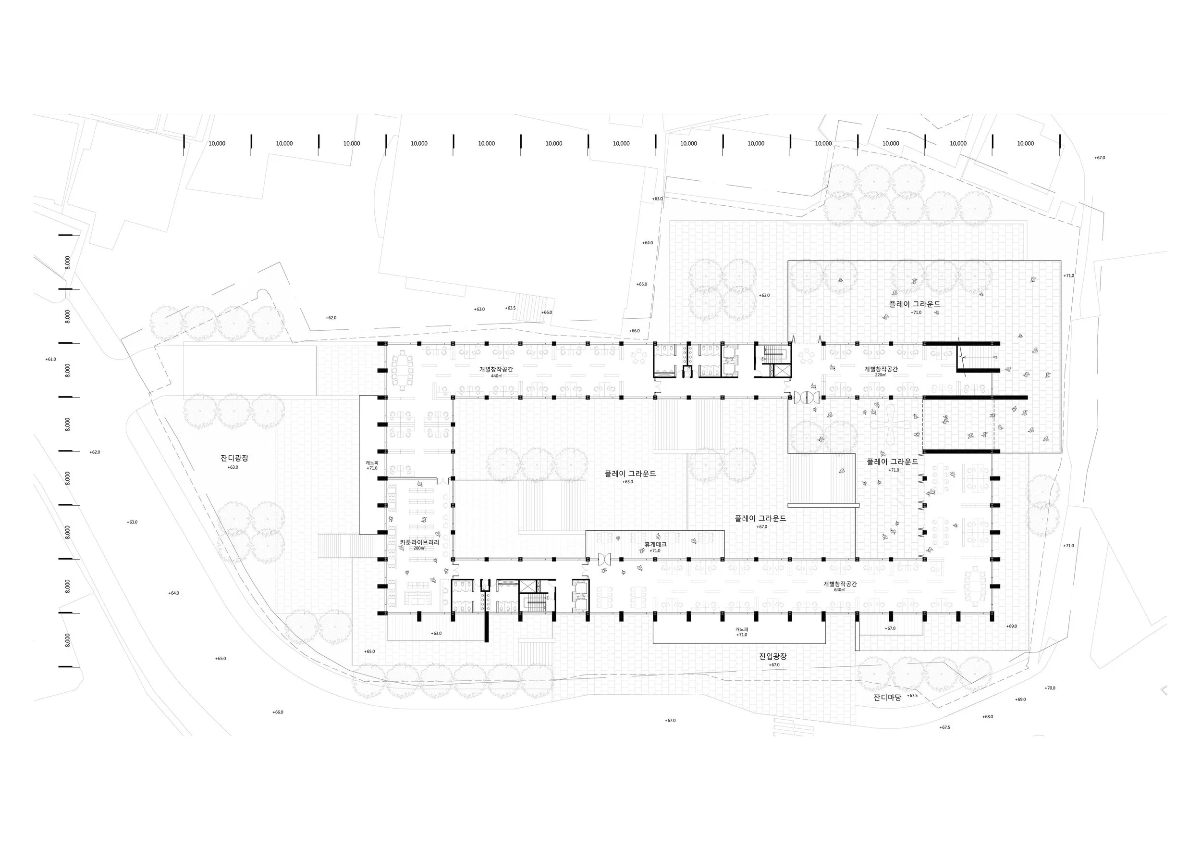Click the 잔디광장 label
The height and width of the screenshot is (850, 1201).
234,458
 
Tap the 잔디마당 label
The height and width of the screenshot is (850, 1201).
888,698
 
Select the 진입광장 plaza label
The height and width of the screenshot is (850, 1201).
773,656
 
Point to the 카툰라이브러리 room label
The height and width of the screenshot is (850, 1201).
419,542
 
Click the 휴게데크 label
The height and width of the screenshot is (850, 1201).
655,544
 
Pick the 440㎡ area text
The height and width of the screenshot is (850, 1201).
496,376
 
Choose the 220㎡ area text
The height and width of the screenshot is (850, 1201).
881,375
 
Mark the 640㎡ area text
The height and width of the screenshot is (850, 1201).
840,590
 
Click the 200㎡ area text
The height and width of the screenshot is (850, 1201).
419,548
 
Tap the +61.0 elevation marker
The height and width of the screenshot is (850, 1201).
51,359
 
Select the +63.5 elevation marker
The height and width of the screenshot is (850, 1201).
511,308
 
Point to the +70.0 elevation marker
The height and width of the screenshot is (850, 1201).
1050,688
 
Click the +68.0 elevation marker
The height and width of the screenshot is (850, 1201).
988,716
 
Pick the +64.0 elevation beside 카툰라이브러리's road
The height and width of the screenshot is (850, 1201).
173,593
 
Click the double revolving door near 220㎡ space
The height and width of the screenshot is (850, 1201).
805,397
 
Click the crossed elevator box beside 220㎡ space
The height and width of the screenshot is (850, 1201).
782,371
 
